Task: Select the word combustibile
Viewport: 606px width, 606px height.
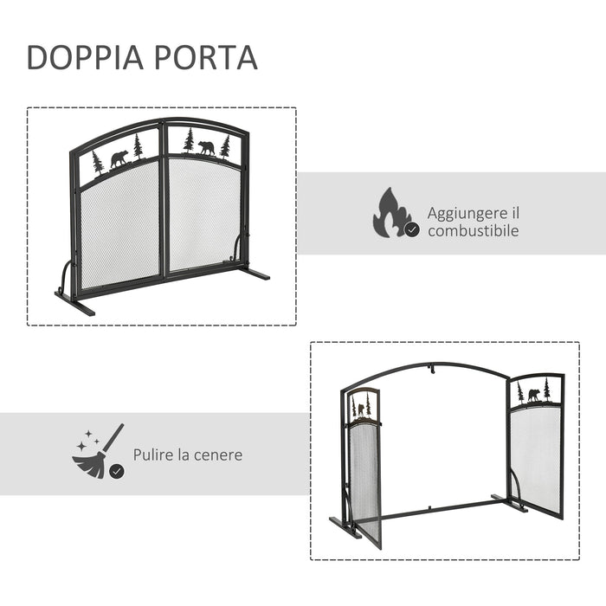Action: (x=473, y=231)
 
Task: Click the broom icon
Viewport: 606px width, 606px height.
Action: (x=96, y=451)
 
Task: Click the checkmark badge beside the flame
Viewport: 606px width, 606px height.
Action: (x=413, y=229)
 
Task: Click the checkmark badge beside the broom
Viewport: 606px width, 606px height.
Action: (x=116, y=471)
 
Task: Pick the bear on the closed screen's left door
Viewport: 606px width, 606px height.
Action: (x=119, y=159)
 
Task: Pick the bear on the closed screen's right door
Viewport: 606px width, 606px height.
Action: (x=206, y=147)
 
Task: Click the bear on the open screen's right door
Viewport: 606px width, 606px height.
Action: (x=533, y=395)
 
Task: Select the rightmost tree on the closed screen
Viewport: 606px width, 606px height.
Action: (x=226, y=145)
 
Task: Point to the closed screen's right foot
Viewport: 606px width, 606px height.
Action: (x=254, y=274)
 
